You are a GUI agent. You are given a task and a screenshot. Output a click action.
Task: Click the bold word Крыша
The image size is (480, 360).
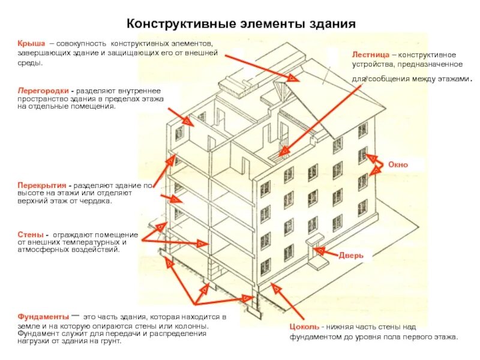tap(28, 44)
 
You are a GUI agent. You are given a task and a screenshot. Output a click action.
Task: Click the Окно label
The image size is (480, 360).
tap(397, 164)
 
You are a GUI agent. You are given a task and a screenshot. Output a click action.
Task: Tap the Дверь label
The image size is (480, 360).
tap(351, 255)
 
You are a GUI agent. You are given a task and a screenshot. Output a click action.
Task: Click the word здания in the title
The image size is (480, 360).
tap(329, 24)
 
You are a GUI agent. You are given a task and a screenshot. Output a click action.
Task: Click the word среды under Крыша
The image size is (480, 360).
tap(29, 62)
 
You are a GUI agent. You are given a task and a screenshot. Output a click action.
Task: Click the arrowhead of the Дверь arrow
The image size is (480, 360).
tap(319, 248)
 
